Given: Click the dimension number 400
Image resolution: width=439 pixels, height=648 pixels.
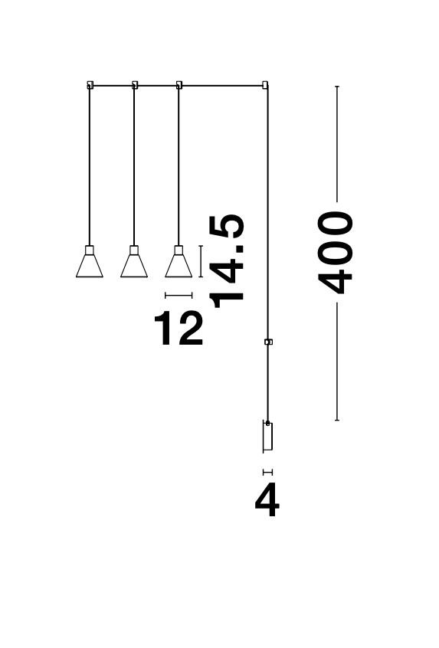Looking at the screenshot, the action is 336,253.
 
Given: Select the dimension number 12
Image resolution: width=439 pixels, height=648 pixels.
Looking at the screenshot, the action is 179,328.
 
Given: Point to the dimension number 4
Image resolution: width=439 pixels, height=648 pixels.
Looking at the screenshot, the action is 267,500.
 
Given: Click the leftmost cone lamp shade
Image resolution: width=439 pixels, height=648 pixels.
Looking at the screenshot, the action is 90,266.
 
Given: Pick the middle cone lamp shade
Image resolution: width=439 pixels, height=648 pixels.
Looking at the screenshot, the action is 134,266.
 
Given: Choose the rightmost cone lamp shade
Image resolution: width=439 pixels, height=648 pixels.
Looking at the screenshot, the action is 179,266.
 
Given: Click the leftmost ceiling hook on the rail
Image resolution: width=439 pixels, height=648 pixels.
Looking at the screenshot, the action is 90,85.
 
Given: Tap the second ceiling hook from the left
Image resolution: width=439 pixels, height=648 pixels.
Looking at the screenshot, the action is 134,85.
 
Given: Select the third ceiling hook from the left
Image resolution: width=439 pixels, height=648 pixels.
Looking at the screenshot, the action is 179,85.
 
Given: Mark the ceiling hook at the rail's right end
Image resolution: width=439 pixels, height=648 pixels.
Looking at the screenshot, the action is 265,85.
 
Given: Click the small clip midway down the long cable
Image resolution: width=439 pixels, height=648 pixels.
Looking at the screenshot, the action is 268,342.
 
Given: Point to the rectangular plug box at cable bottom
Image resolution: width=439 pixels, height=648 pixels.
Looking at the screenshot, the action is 267,436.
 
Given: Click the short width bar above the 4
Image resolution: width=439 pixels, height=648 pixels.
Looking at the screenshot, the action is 268,472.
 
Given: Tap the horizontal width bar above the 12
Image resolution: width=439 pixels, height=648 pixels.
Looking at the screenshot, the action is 179,295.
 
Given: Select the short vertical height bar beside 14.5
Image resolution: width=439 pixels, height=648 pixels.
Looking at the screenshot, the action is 201,261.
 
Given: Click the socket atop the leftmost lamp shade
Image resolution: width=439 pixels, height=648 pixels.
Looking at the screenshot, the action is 90,250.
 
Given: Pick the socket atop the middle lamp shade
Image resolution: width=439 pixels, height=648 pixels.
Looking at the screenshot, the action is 134,250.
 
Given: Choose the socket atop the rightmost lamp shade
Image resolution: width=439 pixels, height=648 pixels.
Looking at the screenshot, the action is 179,250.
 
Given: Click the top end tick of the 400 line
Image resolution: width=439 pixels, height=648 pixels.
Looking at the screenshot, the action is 337,87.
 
